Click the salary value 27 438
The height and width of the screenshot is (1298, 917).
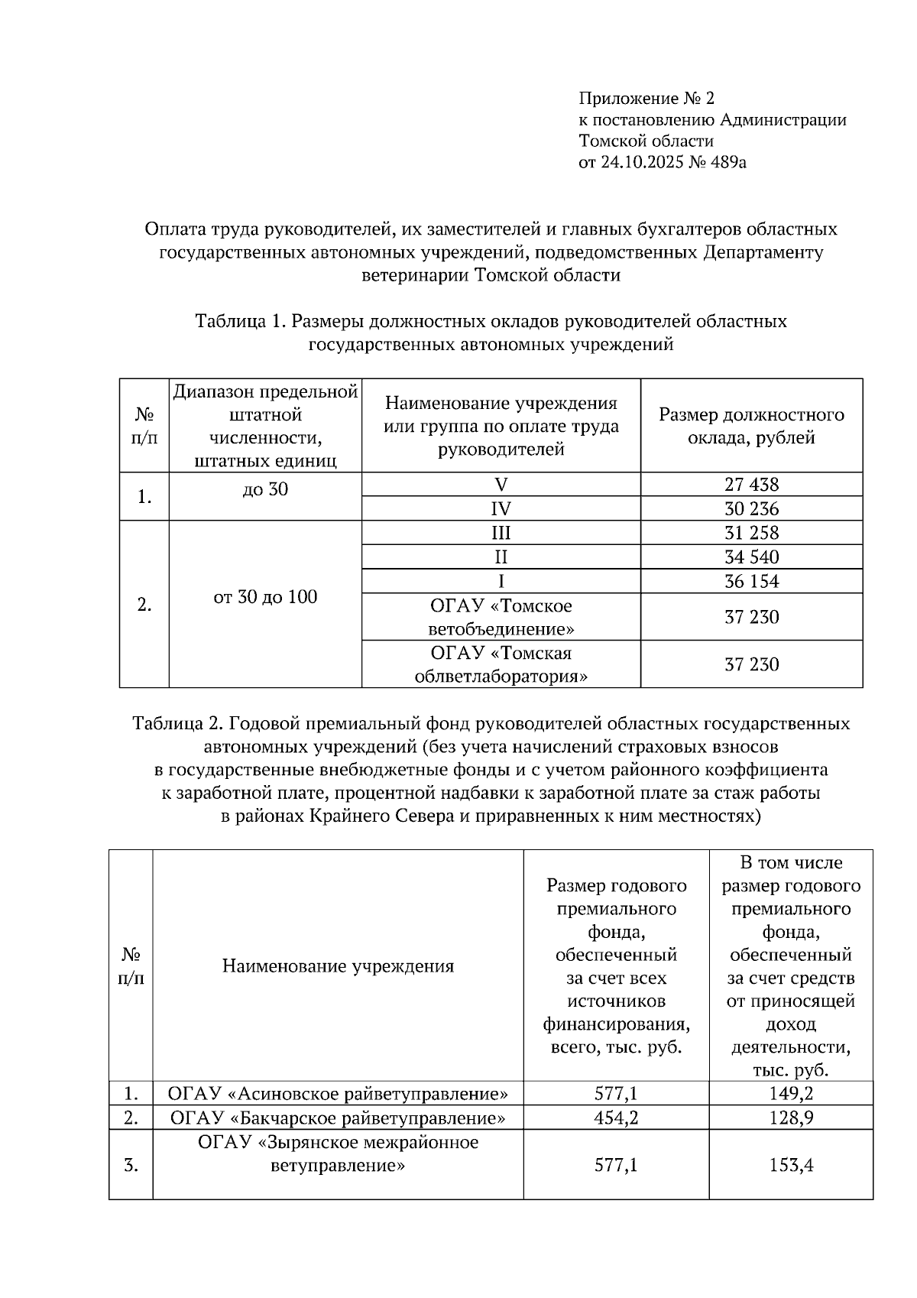751,485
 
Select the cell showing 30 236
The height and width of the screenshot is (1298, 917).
751,509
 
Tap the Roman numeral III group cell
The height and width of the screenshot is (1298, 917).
501,533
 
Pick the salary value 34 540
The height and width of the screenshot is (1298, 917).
751,557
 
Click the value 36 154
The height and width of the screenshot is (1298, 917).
751,582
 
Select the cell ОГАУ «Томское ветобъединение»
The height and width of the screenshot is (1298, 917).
501,618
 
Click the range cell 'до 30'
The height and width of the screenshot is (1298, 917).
265,490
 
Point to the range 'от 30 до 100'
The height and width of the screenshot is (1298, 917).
265,597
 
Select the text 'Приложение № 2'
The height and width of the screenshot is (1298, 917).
646,99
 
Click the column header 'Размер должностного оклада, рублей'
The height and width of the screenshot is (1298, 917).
751,426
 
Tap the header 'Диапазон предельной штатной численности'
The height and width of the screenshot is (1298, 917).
265,426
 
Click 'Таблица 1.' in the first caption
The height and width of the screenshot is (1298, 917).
240,321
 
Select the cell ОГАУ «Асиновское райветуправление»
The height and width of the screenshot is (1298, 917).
338,1094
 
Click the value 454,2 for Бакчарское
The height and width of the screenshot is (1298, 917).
616,1118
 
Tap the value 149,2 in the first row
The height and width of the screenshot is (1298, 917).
790,1094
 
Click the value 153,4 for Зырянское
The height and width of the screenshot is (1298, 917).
790,1166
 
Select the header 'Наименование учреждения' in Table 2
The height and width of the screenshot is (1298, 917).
338,966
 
